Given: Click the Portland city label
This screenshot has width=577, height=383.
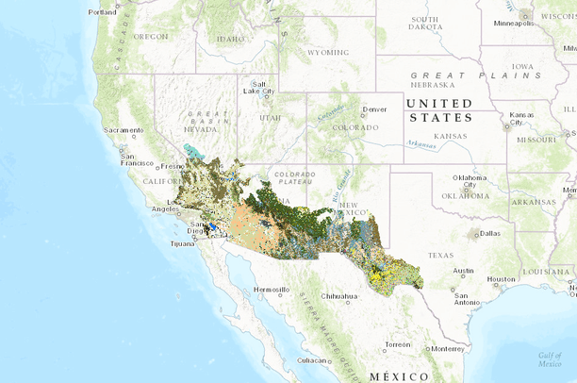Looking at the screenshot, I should click(x=102, y=12).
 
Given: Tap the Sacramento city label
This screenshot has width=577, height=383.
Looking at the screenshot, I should click(x=124, y=129).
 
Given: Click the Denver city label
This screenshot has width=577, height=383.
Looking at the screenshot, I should click(x=375, y=109).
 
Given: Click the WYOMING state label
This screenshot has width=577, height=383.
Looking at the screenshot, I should click(x=327, y=53).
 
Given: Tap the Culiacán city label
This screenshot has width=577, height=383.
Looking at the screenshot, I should click(x=312, y=360).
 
